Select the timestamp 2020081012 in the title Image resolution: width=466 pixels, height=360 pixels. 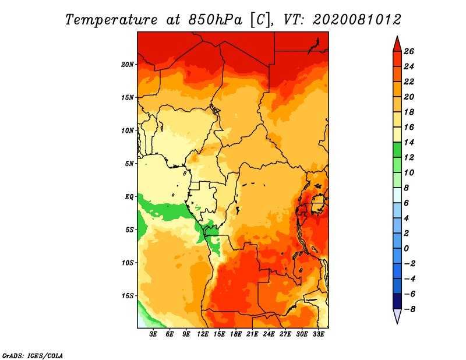pos(356,19)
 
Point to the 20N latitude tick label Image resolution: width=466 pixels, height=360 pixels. pos(128,64)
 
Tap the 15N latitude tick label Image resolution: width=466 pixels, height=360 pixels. pos(128,97)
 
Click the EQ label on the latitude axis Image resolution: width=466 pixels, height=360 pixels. pos(129,196)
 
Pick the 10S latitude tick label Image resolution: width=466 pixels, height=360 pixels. pos(128,263)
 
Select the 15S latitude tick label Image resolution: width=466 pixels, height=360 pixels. pos(128,296)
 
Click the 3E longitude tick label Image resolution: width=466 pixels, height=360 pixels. pos(154,334)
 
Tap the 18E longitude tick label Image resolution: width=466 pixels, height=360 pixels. pos(236,334)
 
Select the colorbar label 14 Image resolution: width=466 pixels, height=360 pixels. pos(408,142)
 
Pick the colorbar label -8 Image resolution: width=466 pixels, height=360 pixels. pos(408,309)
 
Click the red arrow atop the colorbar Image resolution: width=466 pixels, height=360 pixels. pos(396,44)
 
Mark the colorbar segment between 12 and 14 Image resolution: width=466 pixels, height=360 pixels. pos(396,150)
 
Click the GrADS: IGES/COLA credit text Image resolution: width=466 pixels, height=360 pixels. pos(32,355)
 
